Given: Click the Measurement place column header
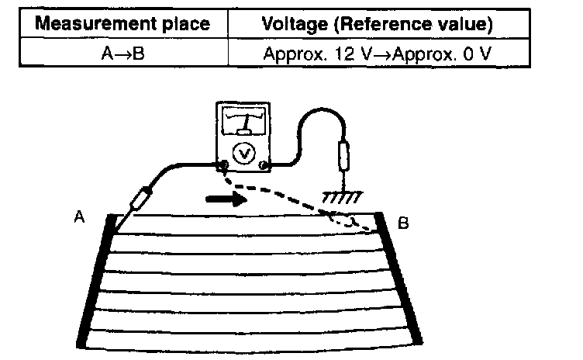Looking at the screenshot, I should coord(124,24).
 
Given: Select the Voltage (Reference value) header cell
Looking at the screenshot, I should coord(378,24).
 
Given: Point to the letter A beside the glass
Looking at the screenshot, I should coord(78,220).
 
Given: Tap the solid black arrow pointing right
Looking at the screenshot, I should coord(225,199).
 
